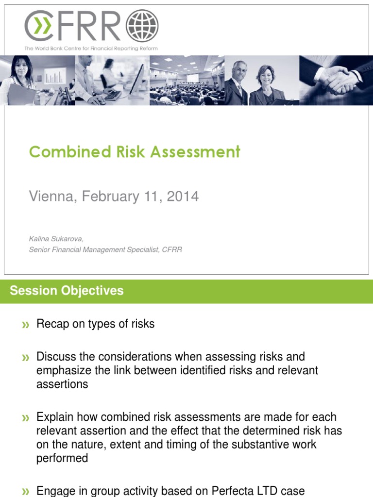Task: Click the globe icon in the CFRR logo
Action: (142, 26)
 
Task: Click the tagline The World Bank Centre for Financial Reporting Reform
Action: (91, 49)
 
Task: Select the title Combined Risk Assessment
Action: (135, 152)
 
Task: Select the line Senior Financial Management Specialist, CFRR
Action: (105, 249)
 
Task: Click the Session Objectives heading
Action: (67, 291)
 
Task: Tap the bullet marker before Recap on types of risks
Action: (25, 325)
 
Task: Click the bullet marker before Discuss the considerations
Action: (25, 358)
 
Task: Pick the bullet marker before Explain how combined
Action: (25, 418)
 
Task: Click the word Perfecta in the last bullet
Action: (231, 491)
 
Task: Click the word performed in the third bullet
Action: (62, 458)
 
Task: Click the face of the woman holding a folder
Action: (21, 67)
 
